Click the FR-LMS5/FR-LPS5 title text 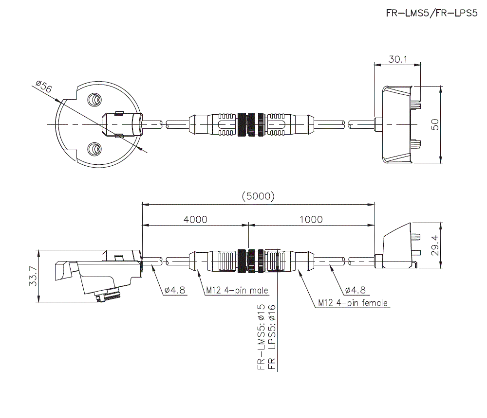[x=429, y=14]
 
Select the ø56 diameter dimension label [x=44, y=87]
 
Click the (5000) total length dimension [x=258, y=196]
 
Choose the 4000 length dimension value [x=195, y=219]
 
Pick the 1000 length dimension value [x=311, y=219]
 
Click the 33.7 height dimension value [x=33, y=276]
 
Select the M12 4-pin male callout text [x=237, y=291]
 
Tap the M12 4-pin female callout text [x=353, y=303]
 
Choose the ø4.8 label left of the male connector [x=175, y=290]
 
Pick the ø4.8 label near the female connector [x=355, y=290]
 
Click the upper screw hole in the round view [x=94, y=101]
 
